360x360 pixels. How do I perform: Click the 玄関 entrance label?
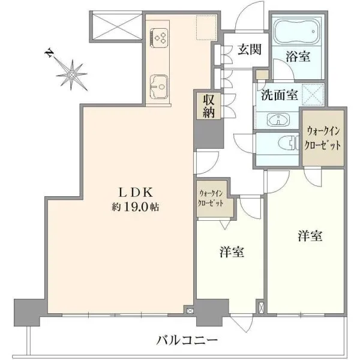click(x=250, y=49)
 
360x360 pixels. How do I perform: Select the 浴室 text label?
click(x=298, y=56)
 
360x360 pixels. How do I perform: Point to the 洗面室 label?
click(x=280, y=95)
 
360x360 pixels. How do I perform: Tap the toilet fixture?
click(x=288, y=143)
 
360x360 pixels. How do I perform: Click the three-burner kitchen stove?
click(x=159, y=38)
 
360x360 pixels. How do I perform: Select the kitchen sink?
click(x=158, y=87)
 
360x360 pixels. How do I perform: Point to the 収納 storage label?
click(x=208, y=106)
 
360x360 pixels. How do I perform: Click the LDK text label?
click(x=135, y=193)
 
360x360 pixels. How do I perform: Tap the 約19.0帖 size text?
click(x=135, y=207)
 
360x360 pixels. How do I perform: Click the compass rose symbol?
click(x=72, y=75)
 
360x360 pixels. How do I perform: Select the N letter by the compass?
click(x=49, y=53)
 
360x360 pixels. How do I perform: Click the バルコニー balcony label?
click(x=187, y=340)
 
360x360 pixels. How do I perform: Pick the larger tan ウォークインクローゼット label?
click(x=323, y=139)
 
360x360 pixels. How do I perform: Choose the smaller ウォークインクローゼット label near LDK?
click(x=211, y=199)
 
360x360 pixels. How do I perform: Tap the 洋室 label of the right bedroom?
click(x=310, y=236)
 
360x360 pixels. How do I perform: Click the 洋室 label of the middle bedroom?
click(x=232, y=251)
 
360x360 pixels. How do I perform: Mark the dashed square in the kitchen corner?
click(x=206, y=28)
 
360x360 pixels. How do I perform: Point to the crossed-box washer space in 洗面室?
click(x=313, y=95)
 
